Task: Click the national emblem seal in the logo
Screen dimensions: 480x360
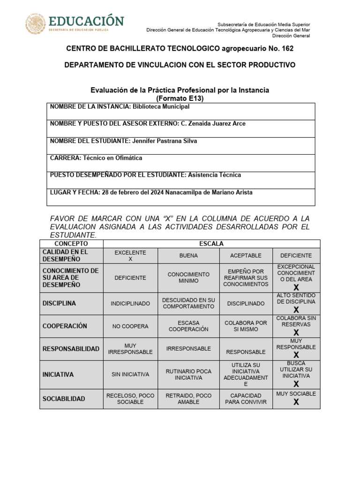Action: pos(36,23)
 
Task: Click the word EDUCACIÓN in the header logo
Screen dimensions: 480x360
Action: pos(86,21)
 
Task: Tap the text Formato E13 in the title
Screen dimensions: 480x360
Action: pos(180,98)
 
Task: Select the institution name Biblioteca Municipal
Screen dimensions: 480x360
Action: pos(161,107)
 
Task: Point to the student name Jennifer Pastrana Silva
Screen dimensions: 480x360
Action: pos(164,141)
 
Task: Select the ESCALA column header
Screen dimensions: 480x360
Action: pos(211,244)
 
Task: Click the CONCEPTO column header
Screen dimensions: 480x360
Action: pos(71,244)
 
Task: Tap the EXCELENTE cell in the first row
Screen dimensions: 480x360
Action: pos(130,255)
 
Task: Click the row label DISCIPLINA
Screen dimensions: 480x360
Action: pos(59,303)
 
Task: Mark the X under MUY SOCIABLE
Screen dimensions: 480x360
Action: pos(296,402)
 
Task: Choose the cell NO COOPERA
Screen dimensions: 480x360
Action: pos(130,326)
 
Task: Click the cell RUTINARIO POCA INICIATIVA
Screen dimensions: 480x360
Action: pos(188,374)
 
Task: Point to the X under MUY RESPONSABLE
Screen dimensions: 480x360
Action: pos(296,355)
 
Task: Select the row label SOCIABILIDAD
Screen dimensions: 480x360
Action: pos(64,399)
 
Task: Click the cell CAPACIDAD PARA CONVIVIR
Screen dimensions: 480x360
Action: pos(246,399)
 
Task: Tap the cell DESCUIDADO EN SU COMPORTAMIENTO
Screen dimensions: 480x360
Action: pos(188,303)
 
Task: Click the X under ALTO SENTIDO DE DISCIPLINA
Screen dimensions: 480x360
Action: pos(296,309)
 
